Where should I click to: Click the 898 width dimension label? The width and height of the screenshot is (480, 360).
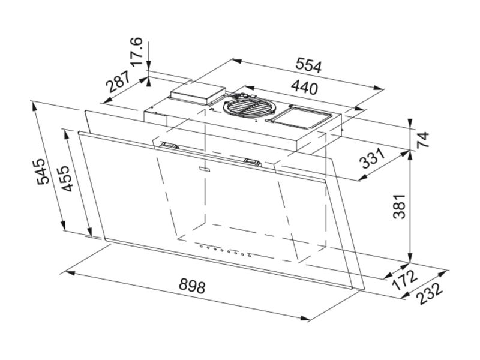192,286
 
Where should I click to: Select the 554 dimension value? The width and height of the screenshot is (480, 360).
308,65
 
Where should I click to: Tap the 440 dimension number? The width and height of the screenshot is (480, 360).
304,87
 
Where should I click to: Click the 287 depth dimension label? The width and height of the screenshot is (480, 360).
118,82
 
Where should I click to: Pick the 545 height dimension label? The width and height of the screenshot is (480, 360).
43,172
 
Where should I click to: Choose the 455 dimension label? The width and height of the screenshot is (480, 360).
67,179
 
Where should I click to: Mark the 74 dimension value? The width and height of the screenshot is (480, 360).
423,140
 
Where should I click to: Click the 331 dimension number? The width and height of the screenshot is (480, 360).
373,158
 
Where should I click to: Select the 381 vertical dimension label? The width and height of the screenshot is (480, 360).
399,206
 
